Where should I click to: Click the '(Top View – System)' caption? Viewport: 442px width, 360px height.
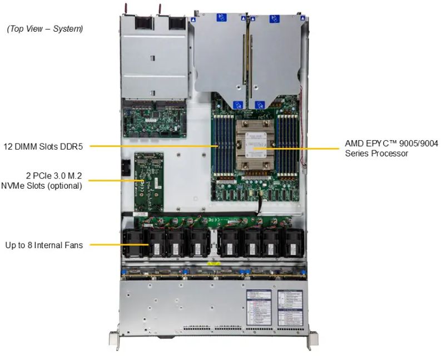tap(44, 28)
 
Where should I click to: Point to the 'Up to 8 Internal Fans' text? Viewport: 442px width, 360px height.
tap(44, 244)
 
